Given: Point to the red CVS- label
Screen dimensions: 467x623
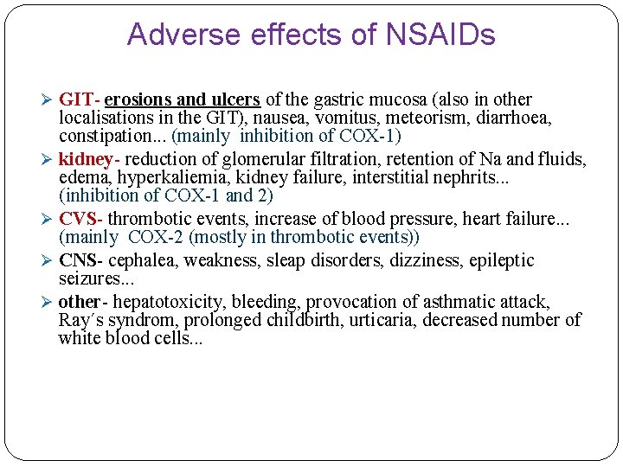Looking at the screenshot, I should point(81,220).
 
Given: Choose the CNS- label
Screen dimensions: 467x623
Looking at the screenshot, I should point(81,260).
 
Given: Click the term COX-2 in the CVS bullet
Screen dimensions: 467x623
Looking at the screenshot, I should point(157,237).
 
